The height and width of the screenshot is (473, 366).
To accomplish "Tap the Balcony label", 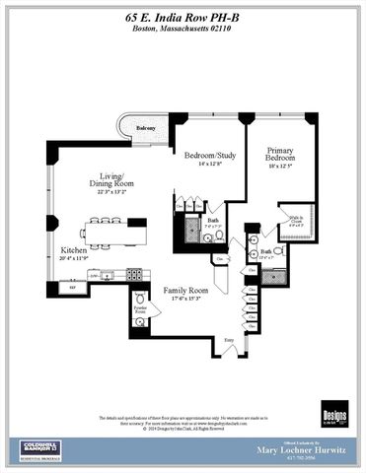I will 145,129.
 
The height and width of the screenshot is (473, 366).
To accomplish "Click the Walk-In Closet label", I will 295,221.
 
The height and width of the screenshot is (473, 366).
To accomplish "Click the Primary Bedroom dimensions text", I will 282,169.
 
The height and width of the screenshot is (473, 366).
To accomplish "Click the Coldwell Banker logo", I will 40,451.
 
